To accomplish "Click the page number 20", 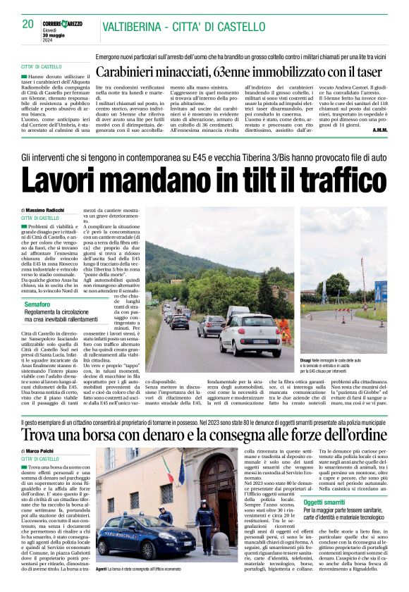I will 28,24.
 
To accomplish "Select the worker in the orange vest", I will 284,328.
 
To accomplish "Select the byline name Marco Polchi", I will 42,451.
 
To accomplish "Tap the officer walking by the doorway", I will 205,525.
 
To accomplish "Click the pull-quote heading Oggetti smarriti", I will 324,502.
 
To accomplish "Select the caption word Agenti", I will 101,568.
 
